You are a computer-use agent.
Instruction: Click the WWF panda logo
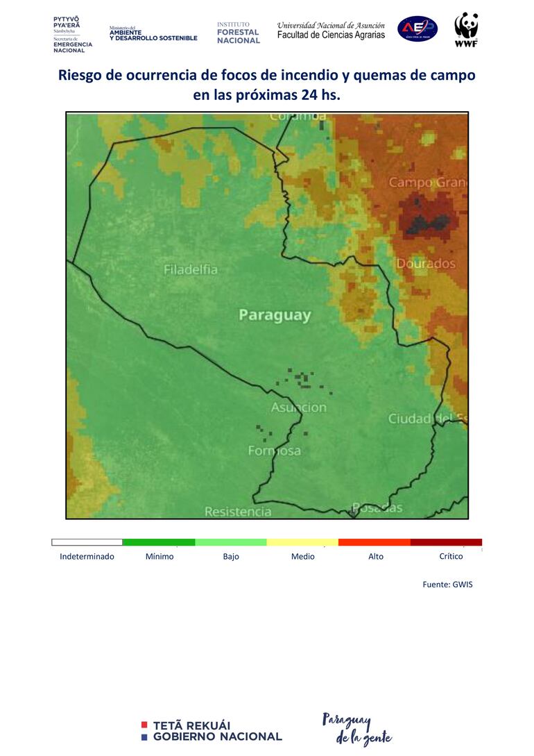pos(466,29)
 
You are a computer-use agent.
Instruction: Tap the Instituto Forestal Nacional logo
pos(238,33)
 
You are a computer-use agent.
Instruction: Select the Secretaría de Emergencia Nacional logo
pos(72,33)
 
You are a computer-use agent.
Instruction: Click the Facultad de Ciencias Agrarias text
pos(331,35)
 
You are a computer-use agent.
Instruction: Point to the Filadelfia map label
pos(191,269)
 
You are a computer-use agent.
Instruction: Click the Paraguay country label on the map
pos(275,315)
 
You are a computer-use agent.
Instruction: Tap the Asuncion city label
pos(298,408)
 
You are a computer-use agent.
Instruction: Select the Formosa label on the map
pos(275,451)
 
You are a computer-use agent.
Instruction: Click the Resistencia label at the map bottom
pos(238,512)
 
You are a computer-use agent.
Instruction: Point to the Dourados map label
pos(426,264)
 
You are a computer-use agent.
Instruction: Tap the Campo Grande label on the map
pos(427,183)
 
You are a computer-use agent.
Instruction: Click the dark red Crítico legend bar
pos(446,542)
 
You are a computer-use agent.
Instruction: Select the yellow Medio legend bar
pos(302,542)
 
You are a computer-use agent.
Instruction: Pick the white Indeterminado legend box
pos(87,542)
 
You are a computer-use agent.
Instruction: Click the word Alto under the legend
pos(376,557)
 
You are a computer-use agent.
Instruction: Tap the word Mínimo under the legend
pos(160,557)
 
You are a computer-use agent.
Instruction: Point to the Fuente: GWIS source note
pos(447,585)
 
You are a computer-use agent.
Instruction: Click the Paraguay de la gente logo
pos(356,728)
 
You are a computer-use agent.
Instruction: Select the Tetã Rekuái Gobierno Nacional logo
pos(212,731)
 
